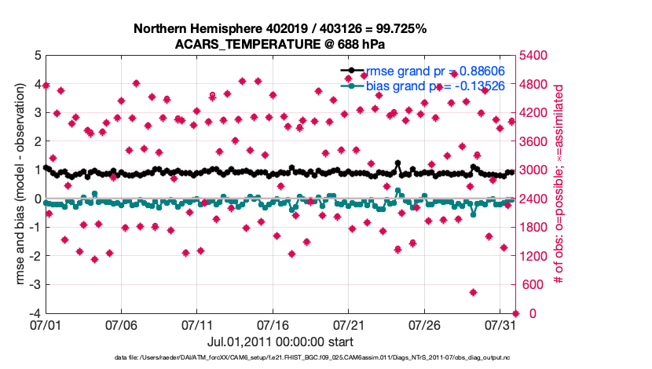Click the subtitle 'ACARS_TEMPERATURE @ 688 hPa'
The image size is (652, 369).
[280, 44]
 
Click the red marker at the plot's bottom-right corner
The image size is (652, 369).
[515, 313]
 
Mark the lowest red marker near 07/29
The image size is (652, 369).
[474, 292]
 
